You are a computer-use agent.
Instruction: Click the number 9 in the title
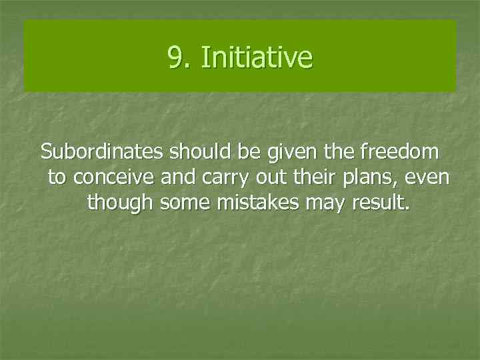[176, 57]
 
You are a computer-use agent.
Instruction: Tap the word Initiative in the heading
[256, 57]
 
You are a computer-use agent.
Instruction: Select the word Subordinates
[103, 152]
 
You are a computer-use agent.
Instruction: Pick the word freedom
[399, 152]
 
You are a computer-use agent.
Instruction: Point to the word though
[121, 203]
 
